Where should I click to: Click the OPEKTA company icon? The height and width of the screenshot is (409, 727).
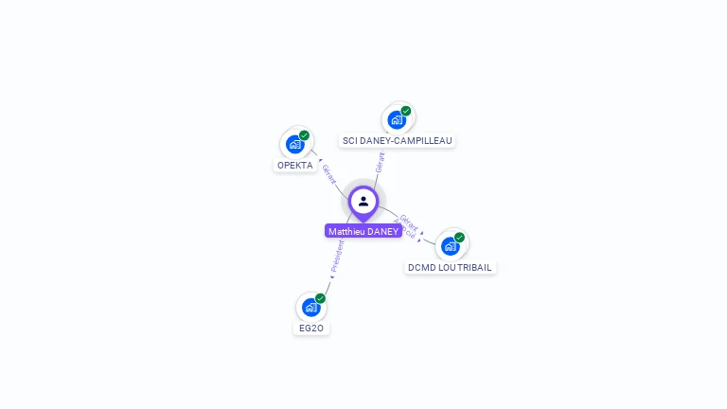coord(294,145)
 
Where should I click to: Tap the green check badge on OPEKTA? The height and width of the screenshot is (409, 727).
coord(304,135)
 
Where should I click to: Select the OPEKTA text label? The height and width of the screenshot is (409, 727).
coord(294,165)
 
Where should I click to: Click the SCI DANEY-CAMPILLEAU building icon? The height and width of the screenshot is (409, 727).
coord(397,119)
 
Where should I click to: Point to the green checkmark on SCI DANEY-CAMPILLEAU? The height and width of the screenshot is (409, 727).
coord(406,111)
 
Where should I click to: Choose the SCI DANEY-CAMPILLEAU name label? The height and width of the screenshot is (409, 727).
coord(398,140)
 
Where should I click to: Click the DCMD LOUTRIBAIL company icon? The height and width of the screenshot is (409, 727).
coord(451,246)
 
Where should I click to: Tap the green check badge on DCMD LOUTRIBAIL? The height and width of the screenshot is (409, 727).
coord(459,237)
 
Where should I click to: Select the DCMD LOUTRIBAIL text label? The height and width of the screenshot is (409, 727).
coord(450,267)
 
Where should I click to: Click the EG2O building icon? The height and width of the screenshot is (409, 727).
coord(310,307)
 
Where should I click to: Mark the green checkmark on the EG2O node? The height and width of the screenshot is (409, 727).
coord(320,298)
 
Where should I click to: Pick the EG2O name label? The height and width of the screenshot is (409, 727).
coord(311,328)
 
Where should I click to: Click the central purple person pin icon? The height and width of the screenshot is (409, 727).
coord(363,202)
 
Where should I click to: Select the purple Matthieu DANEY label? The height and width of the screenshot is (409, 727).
coord(363,231)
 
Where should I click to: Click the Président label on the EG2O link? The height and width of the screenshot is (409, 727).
coord(338,256)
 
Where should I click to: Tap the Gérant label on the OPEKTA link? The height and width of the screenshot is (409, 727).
coord(328,173)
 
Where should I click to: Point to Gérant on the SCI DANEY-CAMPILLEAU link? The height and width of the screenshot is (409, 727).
coord(380,162)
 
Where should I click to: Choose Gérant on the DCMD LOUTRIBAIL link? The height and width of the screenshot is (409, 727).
coord(409,222)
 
